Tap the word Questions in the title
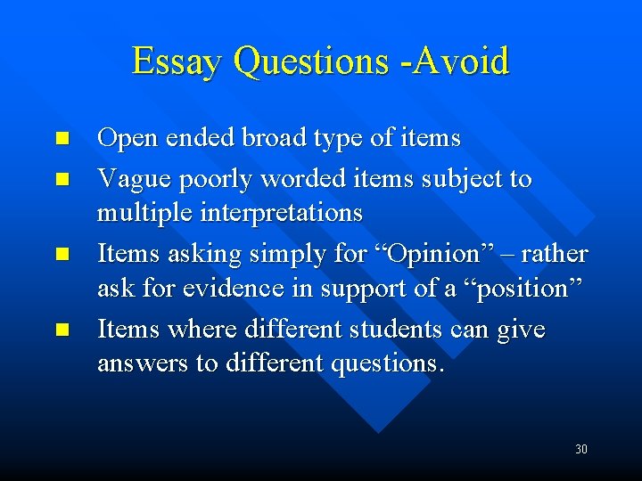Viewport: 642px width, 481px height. pyautogui.click(x=309, y=62)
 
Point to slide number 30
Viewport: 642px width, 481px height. pyautogui.click(x=580, y=449)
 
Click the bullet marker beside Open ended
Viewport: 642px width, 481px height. pyautogui.click(x=61, y=139)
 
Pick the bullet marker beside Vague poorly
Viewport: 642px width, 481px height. pyautogui.click(x=61, y=179)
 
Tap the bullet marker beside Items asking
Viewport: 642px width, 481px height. pyautogui.click(x=61, y=255)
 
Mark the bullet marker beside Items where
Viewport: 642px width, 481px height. pyautogui.click(x=61, y=330)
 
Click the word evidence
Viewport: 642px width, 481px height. pyautogui.click(x=227, y=289)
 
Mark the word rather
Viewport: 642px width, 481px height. pyautogui.click(x=555, y=254)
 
